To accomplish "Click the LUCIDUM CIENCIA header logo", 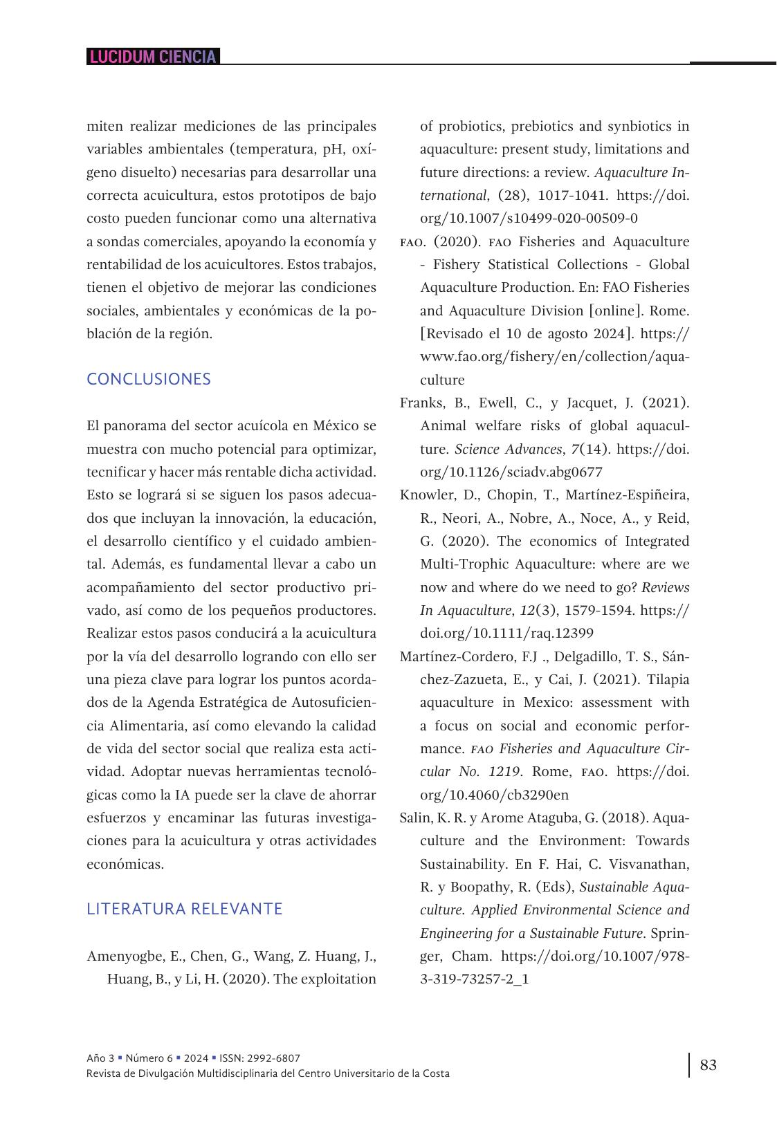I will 153,57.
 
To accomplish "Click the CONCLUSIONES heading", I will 149,379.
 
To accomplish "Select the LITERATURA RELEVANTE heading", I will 184,909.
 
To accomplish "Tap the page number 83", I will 709,1064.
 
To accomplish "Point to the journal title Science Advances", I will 507,449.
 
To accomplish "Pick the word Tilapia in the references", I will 668,679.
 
